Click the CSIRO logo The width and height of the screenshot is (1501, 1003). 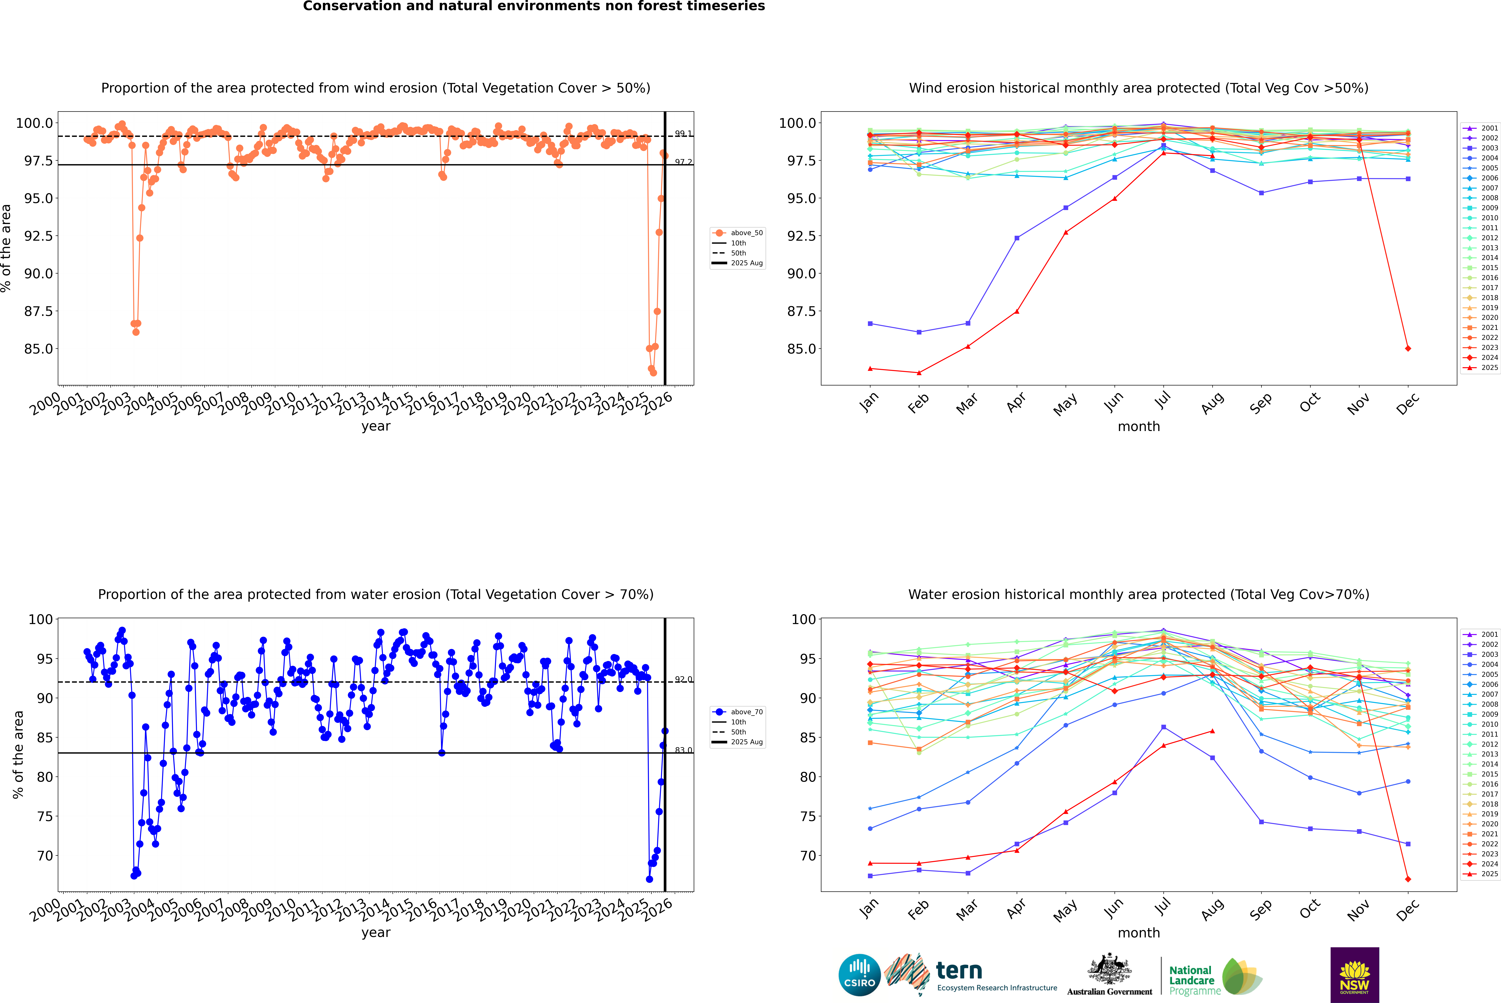pos(859,975)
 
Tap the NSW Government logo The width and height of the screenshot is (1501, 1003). pos(1354,975)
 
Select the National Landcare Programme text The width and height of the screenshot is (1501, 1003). pos(1191,981)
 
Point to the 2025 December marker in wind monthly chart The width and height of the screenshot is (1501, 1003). pos(1408,349)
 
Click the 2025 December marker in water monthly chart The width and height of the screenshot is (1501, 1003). pos(1408,879)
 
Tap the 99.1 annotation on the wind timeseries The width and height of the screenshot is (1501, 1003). pos(683,134)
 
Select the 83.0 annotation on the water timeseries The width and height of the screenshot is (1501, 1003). pos(683,750)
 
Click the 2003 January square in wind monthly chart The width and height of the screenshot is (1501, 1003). pos(870,324)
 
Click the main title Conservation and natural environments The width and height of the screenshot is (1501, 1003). pos(534,6)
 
